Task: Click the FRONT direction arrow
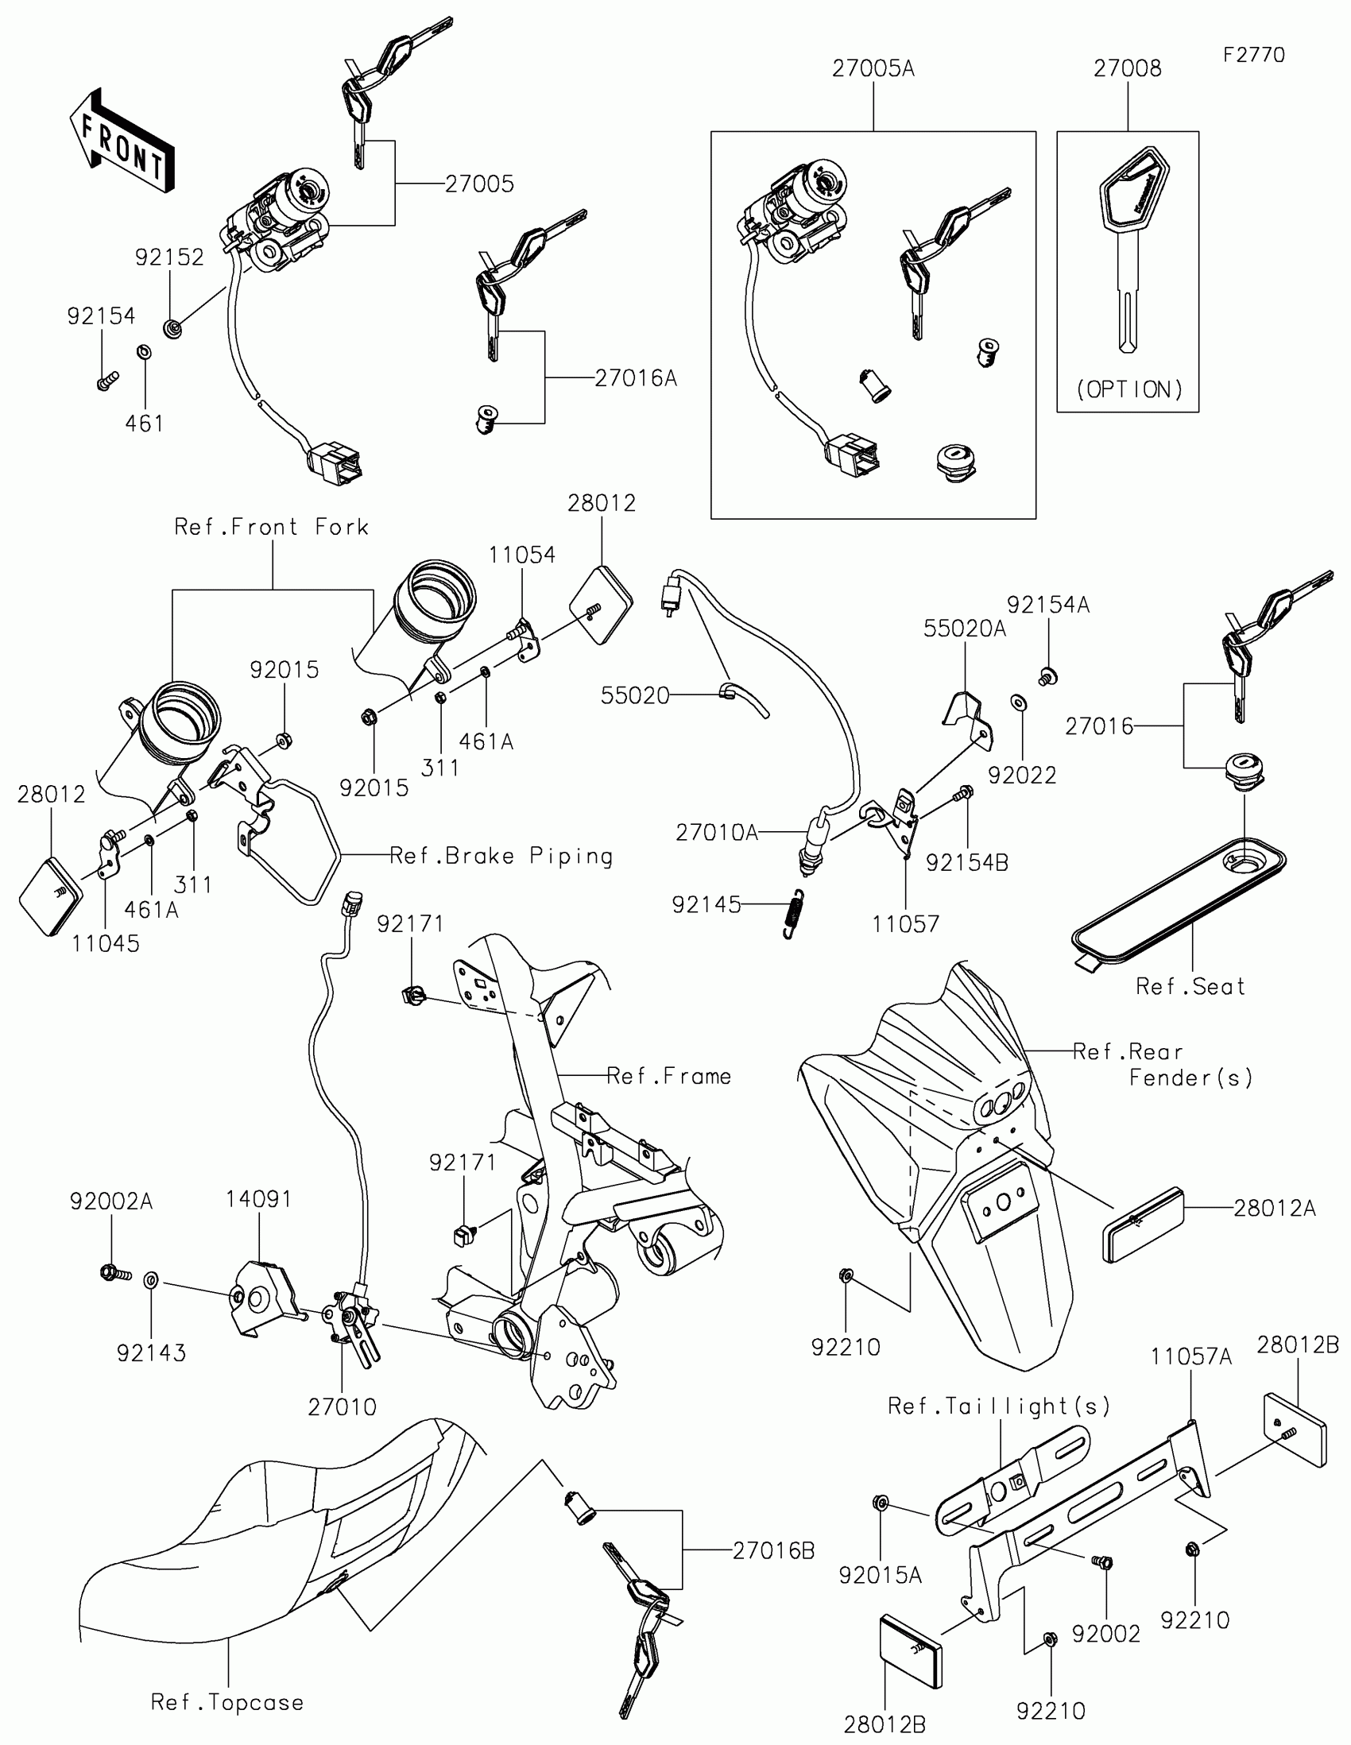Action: point(122,140)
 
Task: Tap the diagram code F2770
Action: point(1253,55)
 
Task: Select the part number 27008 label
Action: point(1128,68)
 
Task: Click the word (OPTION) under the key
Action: point(1128,389)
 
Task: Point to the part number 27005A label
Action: point(873,68)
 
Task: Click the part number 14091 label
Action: point(259,1199)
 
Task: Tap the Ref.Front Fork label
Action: point(272,528)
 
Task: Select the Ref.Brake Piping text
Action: point(501,857)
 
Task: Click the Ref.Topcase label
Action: point(228,1703)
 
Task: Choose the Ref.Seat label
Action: point(1190,987)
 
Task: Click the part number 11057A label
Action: point(1191,1356)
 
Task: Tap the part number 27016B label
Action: point(773,1551)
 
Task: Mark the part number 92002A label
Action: point(111,1201)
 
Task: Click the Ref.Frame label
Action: point(669,1076)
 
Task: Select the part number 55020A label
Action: point(965,629)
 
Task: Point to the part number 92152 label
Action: point(169,257)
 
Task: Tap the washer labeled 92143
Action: point(151,1281)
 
